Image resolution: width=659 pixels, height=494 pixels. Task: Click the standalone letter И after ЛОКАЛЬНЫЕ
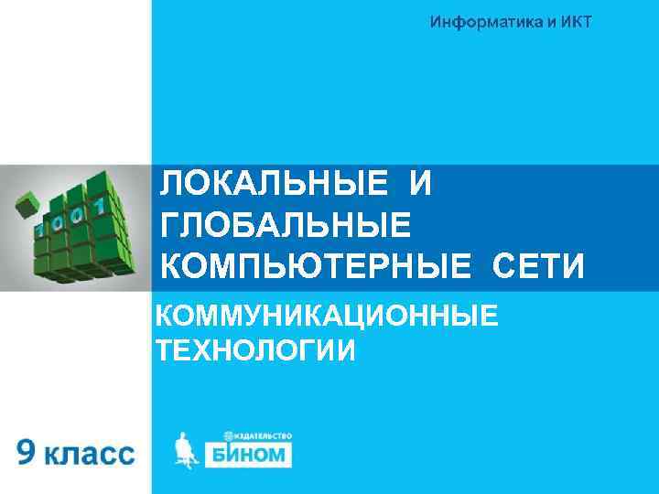pyautogui.click(x=420, y=184)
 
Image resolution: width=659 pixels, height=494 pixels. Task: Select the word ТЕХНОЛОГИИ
pyautogui.click(x=255, y=350)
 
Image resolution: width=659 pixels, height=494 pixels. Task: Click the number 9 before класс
pyautogui.click(x=27, y=452)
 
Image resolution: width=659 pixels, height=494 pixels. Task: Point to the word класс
pyautogui.click(x=91, y=454)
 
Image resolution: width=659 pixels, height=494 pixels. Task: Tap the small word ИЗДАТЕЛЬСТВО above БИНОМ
pyautogui.click(x=262, y=434)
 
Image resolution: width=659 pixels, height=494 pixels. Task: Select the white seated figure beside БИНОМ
pyautogui.click(x=187, y=451)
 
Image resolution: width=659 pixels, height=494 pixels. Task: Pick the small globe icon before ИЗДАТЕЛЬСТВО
pyautogui.click(x=226, y=434)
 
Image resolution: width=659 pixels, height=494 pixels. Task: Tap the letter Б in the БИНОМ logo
pyautogui.click(x=222, y=454)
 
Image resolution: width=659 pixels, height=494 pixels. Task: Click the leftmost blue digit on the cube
pyautogui.click(x=41, y=229)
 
